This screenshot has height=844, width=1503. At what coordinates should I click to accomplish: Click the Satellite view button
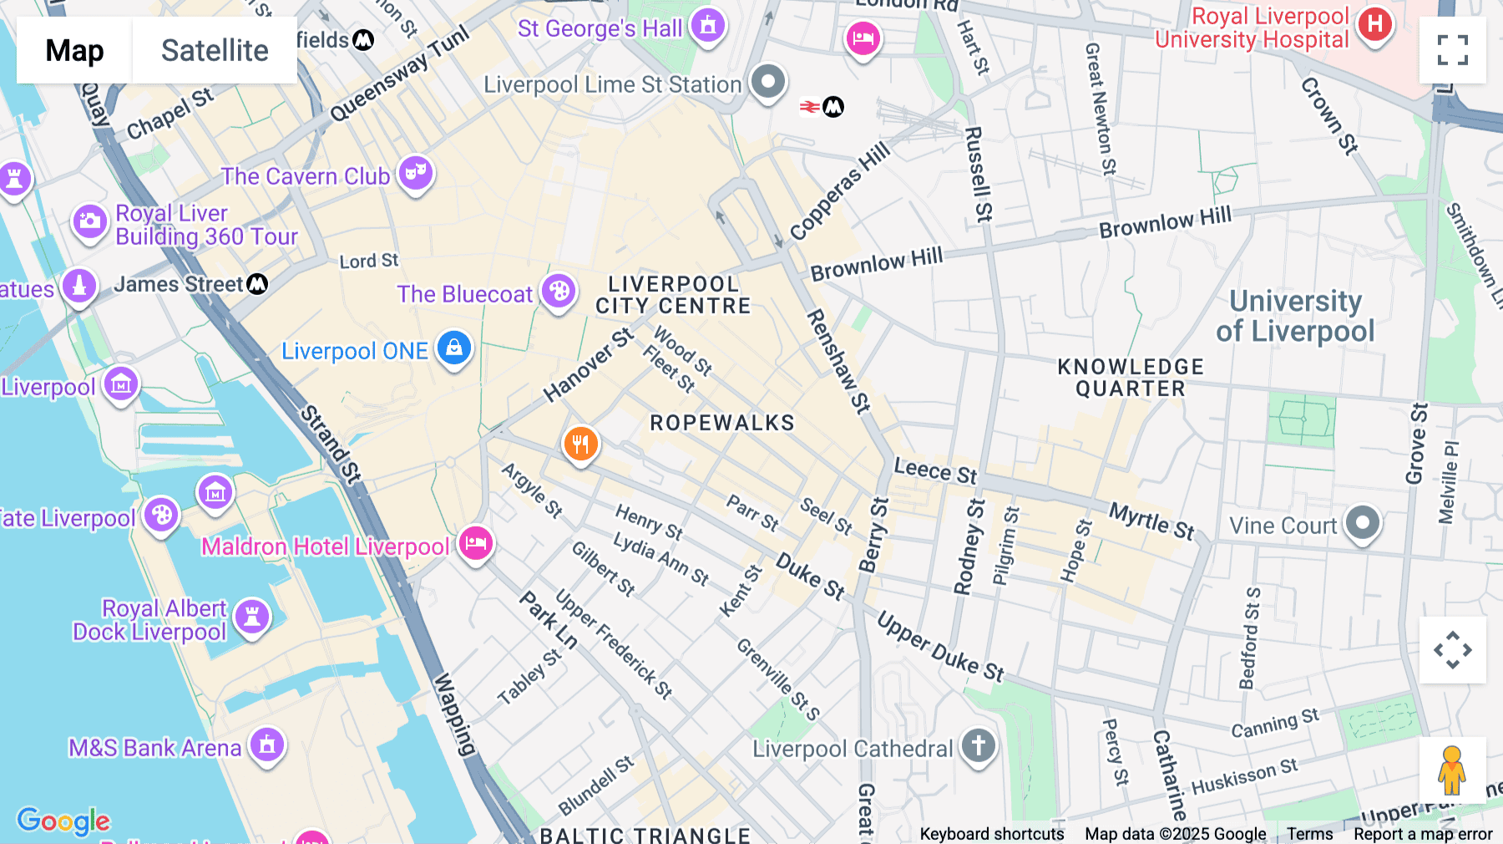[215, 50]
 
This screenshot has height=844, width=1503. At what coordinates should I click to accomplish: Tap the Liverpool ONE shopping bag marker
[454, 347]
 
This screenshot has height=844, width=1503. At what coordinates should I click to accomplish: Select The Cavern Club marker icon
[416, 173]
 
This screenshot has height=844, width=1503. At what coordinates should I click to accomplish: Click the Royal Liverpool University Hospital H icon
[1374, 24]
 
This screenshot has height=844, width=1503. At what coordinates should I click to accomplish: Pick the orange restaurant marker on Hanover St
[580, 444]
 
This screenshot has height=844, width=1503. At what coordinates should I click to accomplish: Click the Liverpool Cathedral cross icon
[978, 745]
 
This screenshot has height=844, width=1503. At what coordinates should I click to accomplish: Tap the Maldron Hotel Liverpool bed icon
[476, 544]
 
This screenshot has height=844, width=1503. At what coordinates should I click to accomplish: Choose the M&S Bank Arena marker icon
[267, 744]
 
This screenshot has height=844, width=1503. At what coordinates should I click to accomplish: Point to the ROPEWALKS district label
[722, 423]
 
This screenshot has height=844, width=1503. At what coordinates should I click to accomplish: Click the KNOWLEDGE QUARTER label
[1131, 378]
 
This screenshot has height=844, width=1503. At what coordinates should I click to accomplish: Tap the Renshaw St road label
[838, 361]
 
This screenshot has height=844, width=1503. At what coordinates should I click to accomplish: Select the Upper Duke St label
[941, 647]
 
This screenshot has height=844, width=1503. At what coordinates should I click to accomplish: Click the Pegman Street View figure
[1452, 770]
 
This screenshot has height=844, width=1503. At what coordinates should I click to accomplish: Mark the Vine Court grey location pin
[1363, 523]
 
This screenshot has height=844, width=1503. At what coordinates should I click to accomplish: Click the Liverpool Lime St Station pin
[768, 82]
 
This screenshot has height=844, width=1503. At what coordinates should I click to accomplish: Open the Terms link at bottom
[1309, 834]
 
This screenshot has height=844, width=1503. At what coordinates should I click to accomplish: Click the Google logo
[63, 821]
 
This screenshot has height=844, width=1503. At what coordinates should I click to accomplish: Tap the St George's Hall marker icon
[708, 26]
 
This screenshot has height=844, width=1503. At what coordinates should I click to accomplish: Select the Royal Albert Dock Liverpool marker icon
[252, 618]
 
